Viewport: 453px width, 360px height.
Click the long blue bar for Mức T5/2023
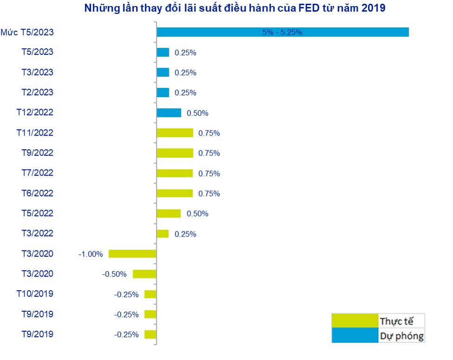[282, 32]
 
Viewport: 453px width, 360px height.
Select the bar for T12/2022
[169, 113]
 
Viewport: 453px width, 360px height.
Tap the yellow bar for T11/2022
[175, 133]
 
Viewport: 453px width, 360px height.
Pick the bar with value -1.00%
[132, 254]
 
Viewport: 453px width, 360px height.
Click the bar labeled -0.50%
[144, 274]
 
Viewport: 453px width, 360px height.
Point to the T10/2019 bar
[150, 294]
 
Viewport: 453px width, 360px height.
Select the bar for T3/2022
[163, 234]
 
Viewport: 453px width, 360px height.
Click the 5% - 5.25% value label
[282, 33]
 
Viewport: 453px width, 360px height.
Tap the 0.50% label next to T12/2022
[197, 113]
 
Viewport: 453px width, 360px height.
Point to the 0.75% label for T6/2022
[209, 194]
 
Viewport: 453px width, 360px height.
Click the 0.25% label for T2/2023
[185, 93]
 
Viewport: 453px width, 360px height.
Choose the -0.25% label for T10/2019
[126, 295]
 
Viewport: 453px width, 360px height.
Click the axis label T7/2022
[38, 173]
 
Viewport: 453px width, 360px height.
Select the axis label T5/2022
[38, 213]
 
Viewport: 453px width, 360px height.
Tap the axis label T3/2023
[38, 72]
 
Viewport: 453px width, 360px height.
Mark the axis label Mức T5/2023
[27, 32]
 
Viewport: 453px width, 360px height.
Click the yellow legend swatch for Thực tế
[355, 321]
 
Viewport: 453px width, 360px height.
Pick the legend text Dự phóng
[401, 335]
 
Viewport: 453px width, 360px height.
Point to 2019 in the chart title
[373, 8]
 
